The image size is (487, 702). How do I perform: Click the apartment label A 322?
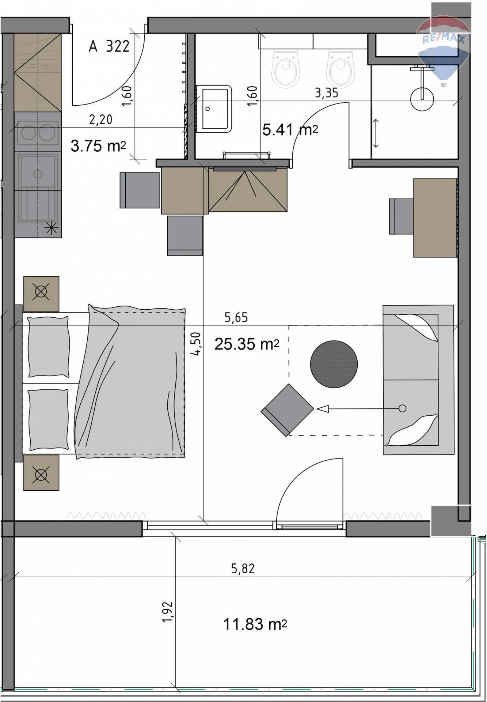point(109,46)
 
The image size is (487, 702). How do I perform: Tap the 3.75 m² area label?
point(98,146)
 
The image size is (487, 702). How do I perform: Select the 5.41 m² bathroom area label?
point(290,129)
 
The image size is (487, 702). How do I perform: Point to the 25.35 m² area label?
point(247,344)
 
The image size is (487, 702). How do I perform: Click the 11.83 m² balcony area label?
point(255,624)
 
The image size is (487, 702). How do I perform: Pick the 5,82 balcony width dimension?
point(243,569)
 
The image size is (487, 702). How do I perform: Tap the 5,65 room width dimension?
point(236,317)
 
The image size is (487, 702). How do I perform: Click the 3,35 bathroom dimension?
point(327,93)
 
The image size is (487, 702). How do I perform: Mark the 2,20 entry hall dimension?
point(101,119)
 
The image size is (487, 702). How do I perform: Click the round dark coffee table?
point(334,364)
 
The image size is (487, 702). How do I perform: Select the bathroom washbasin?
point(214,109)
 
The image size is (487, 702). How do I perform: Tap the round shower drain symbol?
point(422,99)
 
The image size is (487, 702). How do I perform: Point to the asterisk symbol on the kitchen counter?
point(51,229)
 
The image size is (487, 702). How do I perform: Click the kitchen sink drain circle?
point(38,174)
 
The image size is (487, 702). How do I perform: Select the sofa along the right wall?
point(418,380)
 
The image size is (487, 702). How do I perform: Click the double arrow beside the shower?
point(376,133)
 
